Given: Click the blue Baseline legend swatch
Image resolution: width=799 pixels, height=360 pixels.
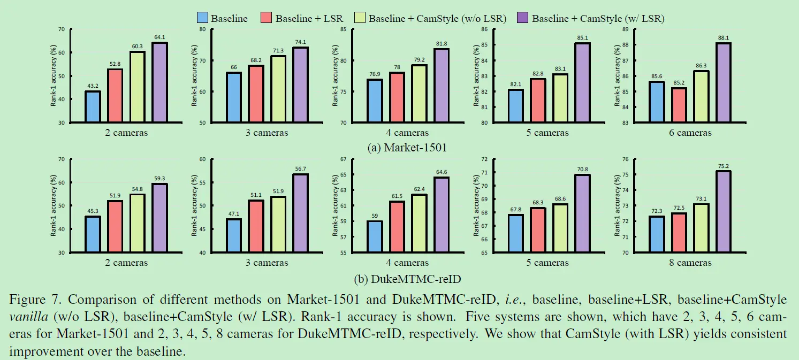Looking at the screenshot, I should point(202,18).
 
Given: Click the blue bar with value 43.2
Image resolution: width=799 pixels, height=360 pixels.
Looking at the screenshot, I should point(93,107).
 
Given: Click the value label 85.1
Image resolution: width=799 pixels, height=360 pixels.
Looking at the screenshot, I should point(582,38).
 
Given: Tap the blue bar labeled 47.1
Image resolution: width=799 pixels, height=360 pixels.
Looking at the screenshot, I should point(234,235).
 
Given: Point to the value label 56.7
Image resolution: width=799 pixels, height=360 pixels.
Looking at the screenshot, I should point(300,169).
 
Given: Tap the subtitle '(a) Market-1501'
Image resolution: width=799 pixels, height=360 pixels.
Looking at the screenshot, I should point(400,148).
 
